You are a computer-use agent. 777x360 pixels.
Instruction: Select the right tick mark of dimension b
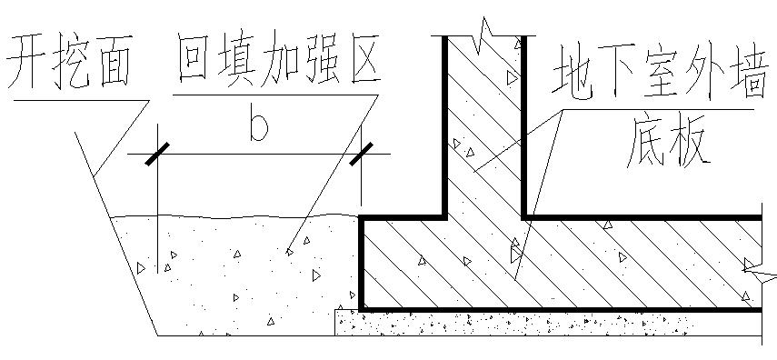click(x=362, y=155)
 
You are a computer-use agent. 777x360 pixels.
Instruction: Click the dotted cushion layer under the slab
click(x=545, y=323)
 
